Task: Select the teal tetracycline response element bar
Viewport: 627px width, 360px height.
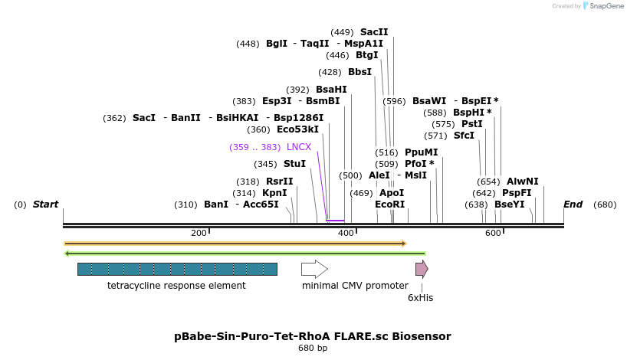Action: click(x=177, y=269)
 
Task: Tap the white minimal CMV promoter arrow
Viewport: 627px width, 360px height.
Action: click(x=314, y=269)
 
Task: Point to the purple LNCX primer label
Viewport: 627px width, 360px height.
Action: click(x=298, y=147)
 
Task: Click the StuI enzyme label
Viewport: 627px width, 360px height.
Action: click(x=294, y=164)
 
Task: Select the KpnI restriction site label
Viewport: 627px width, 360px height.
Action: click(x=274, y=193)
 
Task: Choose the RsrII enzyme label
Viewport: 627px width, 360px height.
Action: click(x=279, y=182)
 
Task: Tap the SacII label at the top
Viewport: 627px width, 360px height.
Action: click(x=374, y=32)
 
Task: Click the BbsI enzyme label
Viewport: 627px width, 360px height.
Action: click(x=359, y=72)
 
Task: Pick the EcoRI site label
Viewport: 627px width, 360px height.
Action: click(x=389, y=205)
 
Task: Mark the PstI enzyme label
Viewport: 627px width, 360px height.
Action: click(x=471, y=124)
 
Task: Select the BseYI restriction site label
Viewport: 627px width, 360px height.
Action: click(x=509, y=205)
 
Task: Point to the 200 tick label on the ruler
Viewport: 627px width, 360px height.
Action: click(x=199, y=233)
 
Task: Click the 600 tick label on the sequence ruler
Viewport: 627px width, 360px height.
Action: click(x=493, y=233)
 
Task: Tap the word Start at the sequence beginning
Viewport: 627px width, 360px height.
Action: click(x=45, y=205)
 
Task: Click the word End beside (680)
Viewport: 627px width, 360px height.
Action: click(x=573, y=205)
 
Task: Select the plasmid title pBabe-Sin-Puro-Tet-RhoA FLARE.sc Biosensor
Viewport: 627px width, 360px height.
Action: click(x=313, y=336)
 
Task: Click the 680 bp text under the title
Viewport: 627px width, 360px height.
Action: click(x=313, y=349)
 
